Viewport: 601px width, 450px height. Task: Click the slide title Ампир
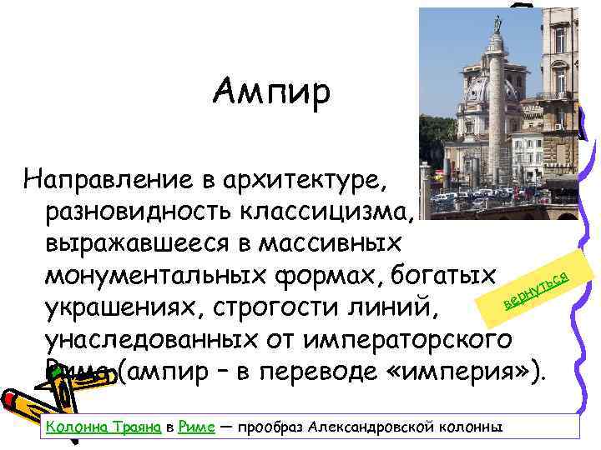(272, 90)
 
